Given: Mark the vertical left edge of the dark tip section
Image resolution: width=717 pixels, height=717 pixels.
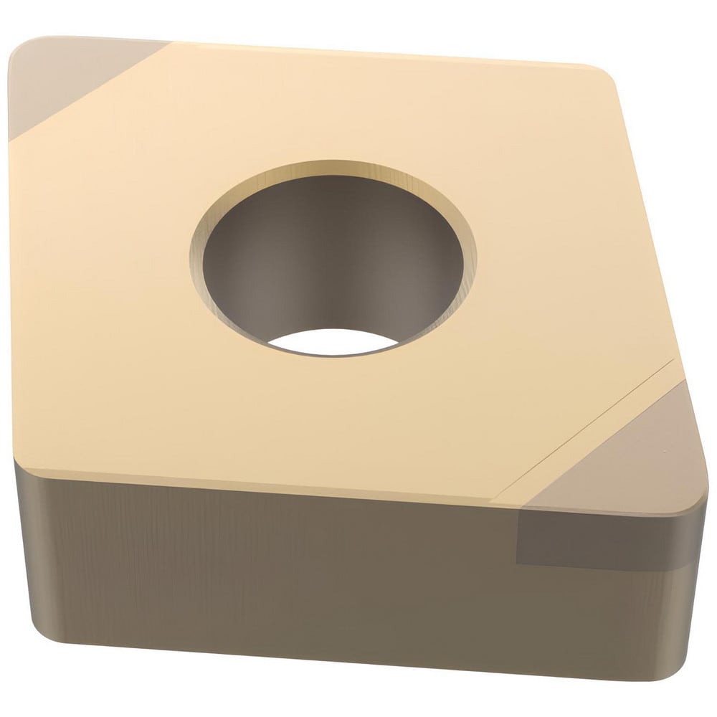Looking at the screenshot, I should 517,534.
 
